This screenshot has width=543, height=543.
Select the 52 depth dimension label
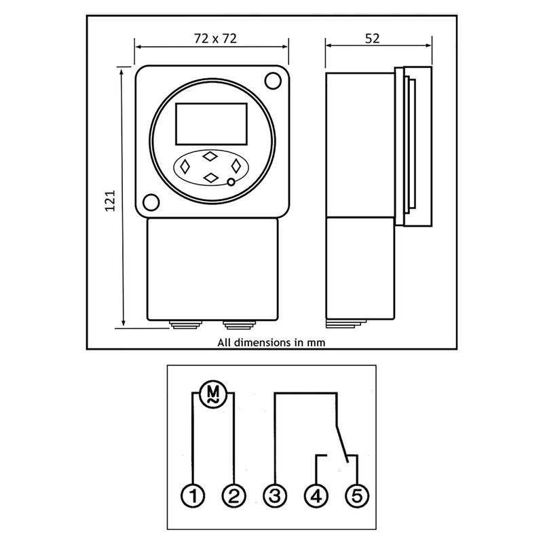click(x=372, y=39)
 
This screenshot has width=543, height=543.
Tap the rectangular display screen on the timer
click(x=210, y=124)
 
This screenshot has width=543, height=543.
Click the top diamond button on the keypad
click(x=210, y=156)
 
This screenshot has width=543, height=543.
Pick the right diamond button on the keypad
click(x=237, y=166)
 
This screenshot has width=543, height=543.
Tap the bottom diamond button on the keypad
click(x=211, y=177)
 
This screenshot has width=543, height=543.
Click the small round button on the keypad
click(x=231, y=182)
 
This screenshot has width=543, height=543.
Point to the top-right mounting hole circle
click(x=272, y=81)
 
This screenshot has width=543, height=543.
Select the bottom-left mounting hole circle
click(x=151, y=202)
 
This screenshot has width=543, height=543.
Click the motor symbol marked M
click(x=213, y=393)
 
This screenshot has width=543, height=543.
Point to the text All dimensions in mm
click(x=271, y=342)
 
